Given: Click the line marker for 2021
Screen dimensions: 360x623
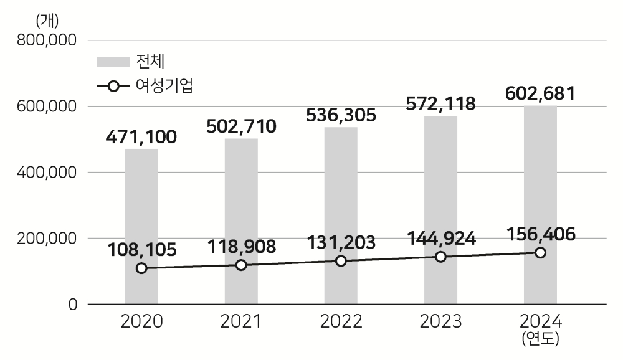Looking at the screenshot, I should [241, 265].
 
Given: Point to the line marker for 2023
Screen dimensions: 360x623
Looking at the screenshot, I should [440, 257].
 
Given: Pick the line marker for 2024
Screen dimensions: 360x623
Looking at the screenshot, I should [540, 252].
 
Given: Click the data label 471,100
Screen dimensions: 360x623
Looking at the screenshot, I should [141, 136].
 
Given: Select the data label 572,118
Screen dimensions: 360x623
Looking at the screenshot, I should [440, 103].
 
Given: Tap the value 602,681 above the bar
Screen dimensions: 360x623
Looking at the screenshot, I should [540, 93].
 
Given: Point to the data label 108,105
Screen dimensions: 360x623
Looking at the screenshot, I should [141, 250].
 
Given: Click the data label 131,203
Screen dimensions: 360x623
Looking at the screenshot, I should [341, 242].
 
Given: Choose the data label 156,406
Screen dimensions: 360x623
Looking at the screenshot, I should [540, 234].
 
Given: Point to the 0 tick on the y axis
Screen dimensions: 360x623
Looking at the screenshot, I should [73, 305].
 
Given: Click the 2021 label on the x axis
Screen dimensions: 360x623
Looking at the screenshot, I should [241, 322].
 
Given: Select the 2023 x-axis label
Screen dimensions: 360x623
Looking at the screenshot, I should [440, 322].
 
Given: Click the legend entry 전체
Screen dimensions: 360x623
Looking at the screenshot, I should [149, 61].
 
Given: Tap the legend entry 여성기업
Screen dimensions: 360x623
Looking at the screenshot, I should [164, 86].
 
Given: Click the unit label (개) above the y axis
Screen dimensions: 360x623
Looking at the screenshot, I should [47, 21].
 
